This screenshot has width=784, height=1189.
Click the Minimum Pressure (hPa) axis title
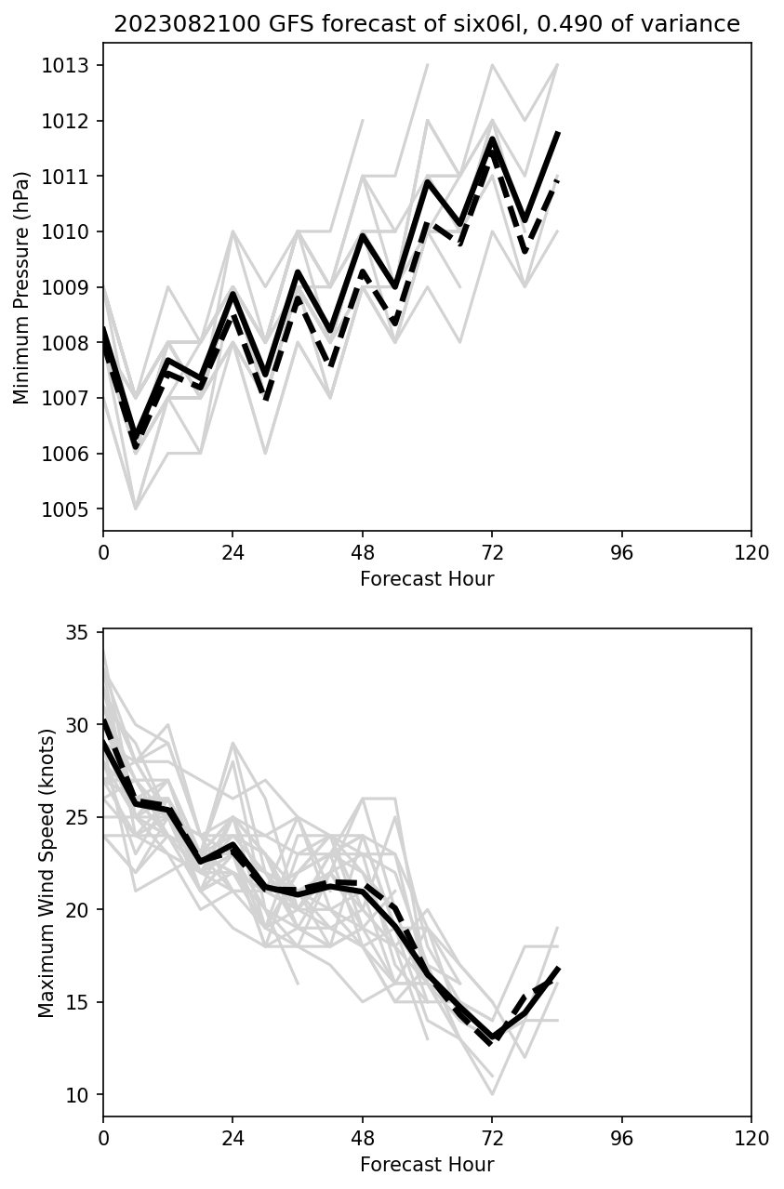(22, 287)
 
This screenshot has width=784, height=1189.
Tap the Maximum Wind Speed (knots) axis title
(47, 872)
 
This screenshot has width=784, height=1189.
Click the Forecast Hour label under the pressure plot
(427, 579)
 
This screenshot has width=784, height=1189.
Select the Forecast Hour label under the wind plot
(427, 1165)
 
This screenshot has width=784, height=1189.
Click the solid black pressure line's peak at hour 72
(492, 139)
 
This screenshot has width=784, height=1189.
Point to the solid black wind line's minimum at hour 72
(492, 1036)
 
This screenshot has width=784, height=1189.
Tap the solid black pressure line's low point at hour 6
(136, 435)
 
